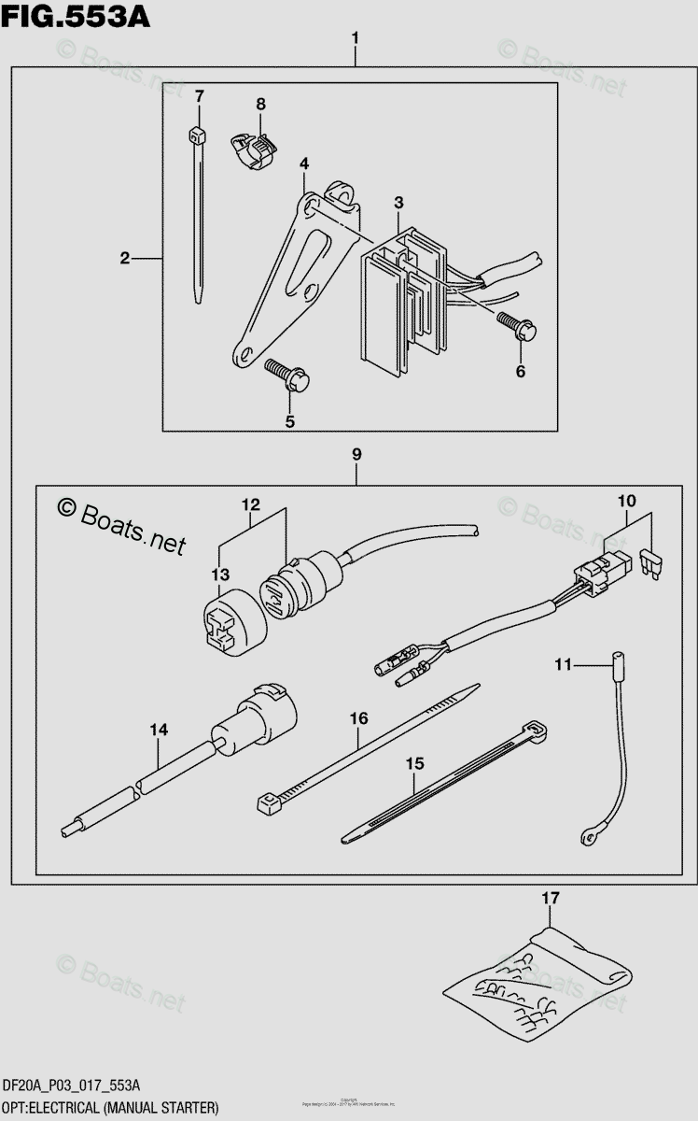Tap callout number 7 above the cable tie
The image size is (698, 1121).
coord(198,96)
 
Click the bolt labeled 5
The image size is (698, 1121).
coord(286,374)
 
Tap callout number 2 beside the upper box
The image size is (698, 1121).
coord(124,258)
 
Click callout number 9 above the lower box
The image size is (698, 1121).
coord(356,454)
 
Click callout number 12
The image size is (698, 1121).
coord(251,505)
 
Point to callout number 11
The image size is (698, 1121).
coord(562,664)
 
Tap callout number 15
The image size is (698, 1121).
coord(414,763)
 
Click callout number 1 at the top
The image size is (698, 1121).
coord(356,38)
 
